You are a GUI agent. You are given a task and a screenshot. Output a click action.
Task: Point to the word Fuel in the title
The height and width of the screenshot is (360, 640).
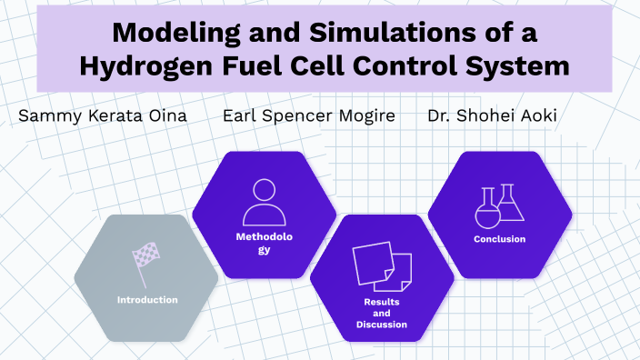click(248, 66)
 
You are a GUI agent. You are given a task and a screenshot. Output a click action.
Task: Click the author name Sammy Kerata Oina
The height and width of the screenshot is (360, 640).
click(102, 118)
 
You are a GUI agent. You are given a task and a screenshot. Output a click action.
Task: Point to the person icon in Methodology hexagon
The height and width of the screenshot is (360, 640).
click(264, 203)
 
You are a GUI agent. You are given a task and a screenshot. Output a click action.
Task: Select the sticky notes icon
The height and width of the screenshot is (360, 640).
click(383, 265)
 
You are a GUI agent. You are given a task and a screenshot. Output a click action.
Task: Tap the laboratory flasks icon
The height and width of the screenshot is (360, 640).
click(500, 206)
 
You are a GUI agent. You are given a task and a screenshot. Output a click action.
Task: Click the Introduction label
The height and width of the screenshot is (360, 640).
click(147, 299)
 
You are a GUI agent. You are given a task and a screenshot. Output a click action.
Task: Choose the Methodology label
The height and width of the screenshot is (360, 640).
click(264, 243)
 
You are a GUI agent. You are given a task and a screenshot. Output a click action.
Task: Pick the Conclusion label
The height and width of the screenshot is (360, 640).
click(500, 239)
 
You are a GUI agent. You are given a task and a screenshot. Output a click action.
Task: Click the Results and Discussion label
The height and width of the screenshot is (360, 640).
click(383, 313)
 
